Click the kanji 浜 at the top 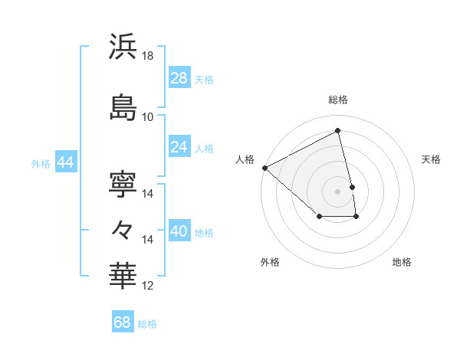click(x=123, y=47)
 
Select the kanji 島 click(x=123, y=107)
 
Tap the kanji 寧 click(x=123, y=184)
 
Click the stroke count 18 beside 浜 click(x=148, y=56)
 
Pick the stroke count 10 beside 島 click(x=148, y=117)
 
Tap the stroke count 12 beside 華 click(x=148, y=286)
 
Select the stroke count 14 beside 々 click(x=148, y=240)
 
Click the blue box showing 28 click(x=179, y=77)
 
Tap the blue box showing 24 click(x=179, y=146)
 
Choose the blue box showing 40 click(x=179, y=231)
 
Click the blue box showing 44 click(x=64, y=162)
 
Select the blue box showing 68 click(x=123, y=322)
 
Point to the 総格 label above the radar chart click(x=338, y=100)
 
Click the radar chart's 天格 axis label click(x=432, y=159)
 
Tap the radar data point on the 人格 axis click(x=264, y=167)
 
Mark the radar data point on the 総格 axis click(x=338, y=131)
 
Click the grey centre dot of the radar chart click(x=338, y=191)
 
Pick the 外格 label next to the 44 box click(x=41, y=163)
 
